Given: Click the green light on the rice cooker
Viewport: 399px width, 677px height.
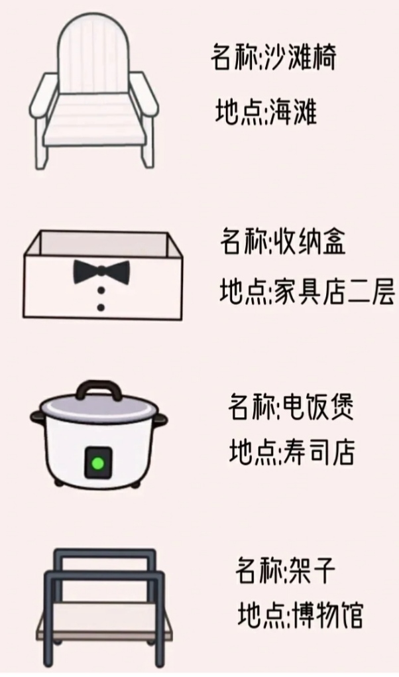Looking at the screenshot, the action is pyautogui.click(x=98, y=463).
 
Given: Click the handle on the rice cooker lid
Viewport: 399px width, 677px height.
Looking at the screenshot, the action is pyautogui.click(x=98, y=390).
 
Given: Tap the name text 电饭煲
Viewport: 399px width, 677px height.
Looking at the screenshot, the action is pyautogui.click(x=317, y=406).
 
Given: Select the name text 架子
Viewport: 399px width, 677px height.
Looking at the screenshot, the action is pyautogui.click(x=312, y=570).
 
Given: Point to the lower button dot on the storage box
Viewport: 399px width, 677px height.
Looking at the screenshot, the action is pyautogui.click(x=101, y=308).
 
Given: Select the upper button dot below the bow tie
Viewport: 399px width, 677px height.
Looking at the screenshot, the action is pyautogui.click(x=101, y=291).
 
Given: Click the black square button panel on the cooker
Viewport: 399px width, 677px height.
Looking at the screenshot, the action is pyautogui.click(x=98, y=463).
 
